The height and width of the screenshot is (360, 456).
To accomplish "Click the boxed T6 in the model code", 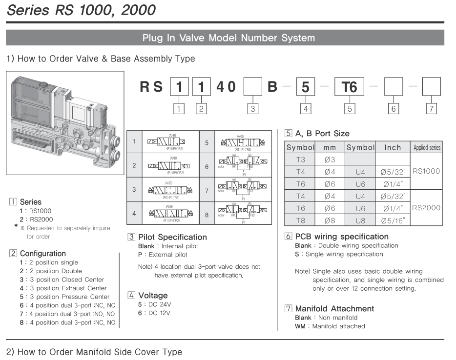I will point(350,87).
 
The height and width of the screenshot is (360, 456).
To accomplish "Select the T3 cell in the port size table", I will point(300,159).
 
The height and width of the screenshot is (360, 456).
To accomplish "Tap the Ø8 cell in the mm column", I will point(330,220).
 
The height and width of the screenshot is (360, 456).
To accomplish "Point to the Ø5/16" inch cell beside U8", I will point(393,220).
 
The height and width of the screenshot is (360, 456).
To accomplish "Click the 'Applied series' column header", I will point(427,147).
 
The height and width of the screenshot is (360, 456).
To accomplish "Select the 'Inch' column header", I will point(393,147).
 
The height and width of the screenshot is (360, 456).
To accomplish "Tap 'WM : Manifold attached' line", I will point(330,326).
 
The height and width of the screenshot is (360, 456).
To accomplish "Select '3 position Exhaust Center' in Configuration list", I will point(63,288).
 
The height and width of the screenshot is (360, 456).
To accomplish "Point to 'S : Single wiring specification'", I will point(339,254).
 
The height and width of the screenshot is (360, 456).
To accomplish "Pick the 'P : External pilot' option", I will point(163,255).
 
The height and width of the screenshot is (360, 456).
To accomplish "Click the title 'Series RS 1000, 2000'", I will point(81,9).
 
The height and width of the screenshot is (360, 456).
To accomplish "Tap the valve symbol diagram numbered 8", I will point(243,213).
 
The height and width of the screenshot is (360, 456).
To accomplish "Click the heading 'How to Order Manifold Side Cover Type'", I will point(94,352).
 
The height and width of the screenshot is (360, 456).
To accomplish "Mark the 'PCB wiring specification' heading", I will point(342,237).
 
